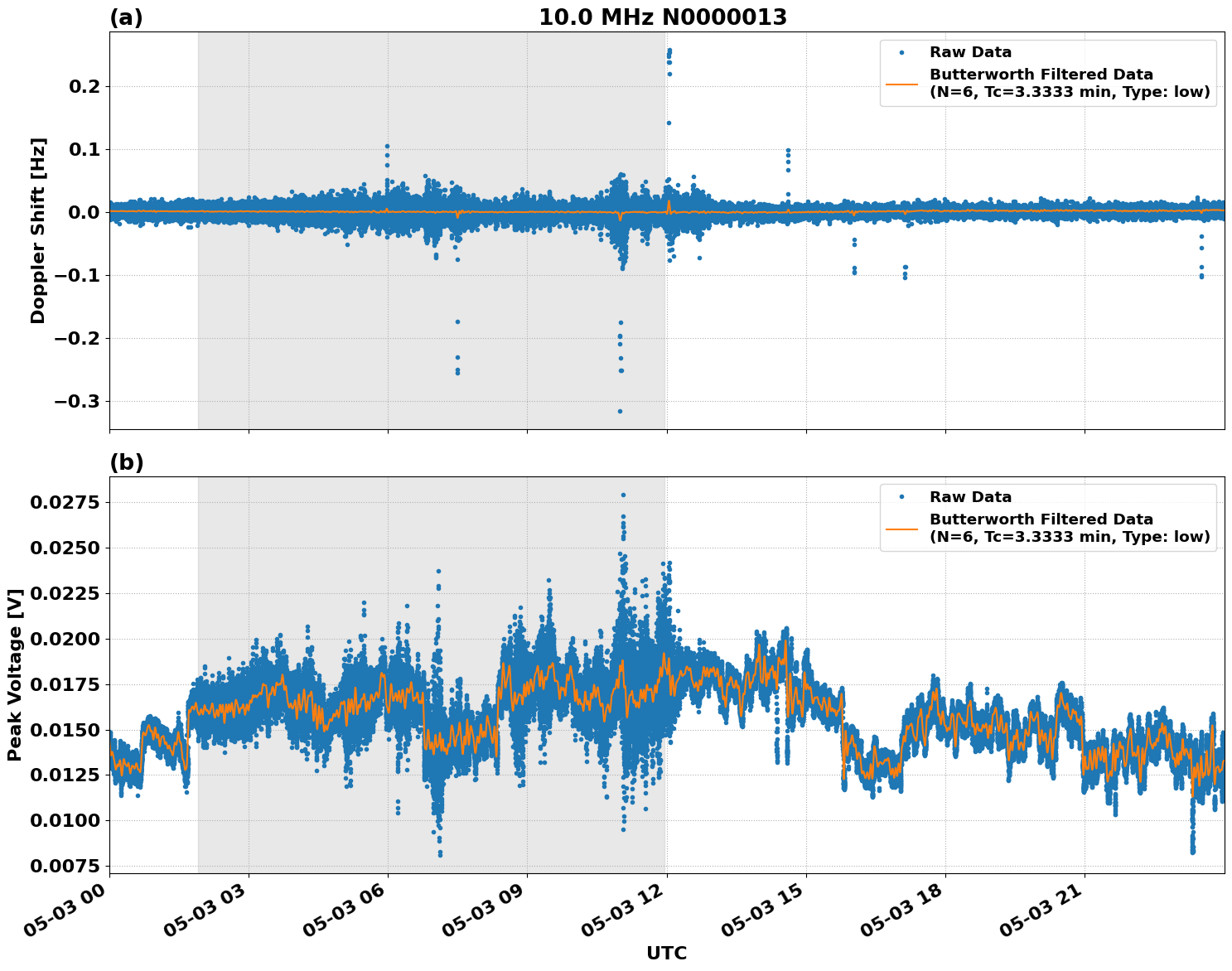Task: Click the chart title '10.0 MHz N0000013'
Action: (x=662, y=17)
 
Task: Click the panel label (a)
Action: (x=126, y=17)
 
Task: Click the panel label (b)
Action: (x=126, y=462)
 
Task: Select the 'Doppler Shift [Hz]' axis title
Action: (x=38, y=230)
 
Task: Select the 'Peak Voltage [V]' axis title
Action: (x=14, y=674)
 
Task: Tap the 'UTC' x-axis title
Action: (x=666, y=953)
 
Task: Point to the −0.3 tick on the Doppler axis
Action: (x=77, y=402)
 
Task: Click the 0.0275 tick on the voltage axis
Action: (x=65, y=503)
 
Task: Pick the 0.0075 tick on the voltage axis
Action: (x=65, y=866)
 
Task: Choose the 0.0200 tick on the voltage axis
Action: (x=65, y=639)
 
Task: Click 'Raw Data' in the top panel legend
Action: (x=970, y=53)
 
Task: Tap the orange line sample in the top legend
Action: (x=901, y=84)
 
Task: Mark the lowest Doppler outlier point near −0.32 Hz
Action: (x=620, y=411)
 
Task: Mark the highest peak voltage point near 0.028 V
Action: (x=623, y=495)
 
